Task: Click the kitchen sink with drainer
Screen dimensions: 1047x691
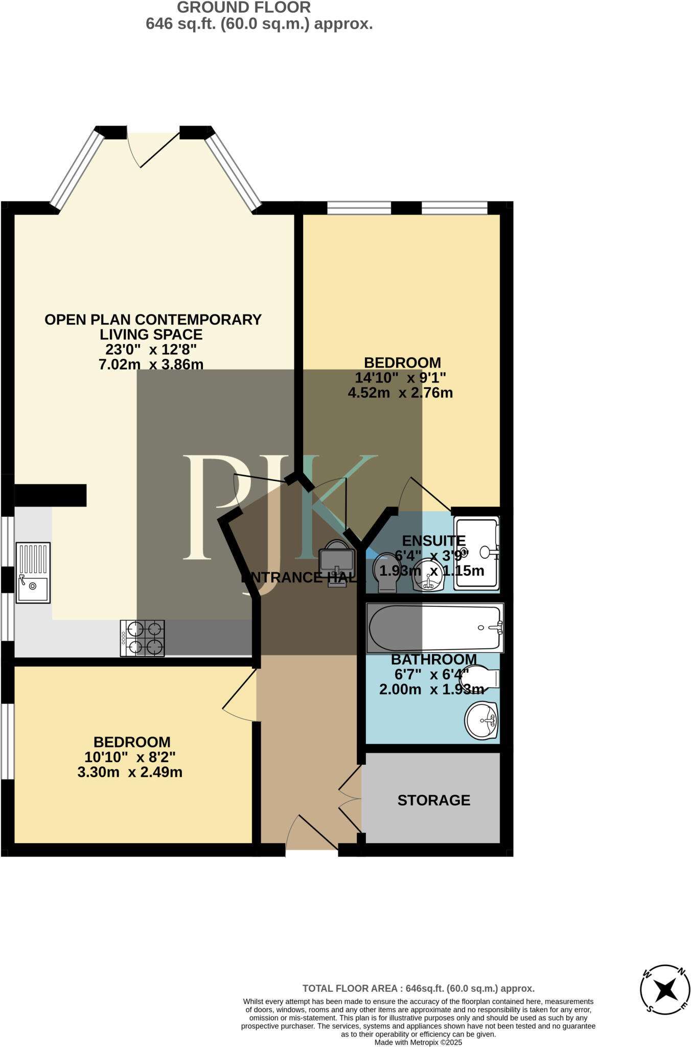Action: click(x=33, y=573)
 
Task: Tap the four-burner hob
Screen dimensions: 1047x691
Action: click(x=143, y=638)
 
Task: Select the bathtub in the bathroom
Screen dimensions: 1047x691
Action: click(x=435, y=628)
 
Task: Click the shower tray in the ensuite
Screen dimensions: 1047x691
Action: click(x=476, y=553)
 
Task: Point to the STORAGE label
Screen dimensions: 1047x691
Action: click(x=433, y=800)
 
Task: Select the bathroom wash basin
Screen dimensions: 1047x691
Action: click(x=481, y=721)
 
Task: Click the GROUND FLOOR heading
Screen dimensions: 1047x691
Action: click(x=244, y=8)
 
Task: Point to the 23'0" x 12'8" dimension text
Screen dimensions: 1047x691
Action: click(x=151, y=349)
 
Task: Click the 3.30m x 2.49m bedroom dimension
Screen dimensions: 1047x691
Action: click(x=130, y=772)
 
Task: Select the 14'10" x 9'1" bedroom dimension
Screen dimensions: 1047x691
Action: click(x=401, y=378)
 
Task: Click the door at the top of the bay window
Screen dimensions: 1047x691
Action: click(x=153, y=149)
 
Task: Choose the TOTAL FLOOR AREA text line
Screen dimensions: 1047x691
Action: click(x=418, y=988)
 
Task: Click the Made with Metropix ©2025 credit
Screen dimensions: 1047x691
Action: click(x=418, y=1042)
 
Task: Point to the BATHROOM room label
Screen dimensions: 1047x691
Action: click(x=433, y=659)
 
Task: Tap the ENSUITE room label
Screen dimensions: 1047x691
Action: click(x=433, y=540)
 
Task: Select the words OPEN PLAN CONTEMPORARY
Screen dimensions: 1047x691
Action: click(x=153, y=320)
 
